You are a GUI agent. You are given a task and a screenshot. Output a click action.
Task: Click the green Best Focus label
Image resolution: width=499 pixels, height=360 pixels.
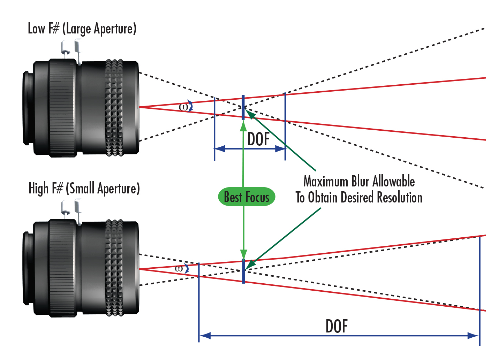[247, 197]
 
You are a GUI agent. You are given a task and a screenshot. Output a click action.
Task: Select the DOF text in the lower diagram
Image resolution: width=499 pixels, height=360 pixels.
[337, 326]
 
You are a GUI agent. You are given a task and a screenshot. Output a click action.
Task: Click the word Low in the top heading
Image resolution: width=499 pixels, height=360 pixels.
[36, 29]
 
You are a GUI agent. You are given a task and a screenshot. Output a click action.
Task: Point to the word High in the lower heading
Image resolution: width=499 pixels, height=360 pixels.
[38, 189]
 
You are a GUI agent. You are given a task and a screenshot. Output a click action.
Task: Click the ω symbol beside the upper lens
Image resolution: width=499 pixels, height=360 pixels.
[183, 107]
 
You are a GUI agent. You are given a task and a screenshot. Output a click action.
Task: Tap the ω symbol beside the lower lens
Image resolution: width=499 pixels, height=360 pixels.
[179, 268]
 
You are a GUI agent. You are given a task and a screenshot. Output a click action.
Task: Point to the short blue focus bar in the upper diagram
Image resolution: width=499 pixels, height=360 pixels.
[243, 108]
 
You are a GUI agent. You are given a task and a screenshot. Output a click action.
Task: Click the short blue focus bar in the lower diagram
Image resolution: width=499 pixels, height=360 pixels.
[243, 271]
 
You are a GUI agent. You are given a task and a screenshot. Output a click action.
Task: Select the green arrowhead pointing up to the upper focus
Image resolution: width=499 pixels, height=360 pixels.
[243, 126]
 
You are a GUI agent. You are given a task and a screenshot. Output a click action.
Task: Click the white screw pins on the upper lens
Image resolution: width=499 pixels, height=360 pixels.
[72, 51]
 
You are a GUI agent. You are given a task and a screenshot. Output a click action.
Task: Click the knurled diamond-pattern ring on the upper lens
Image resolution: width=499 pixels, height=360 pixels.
[114, 108]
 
